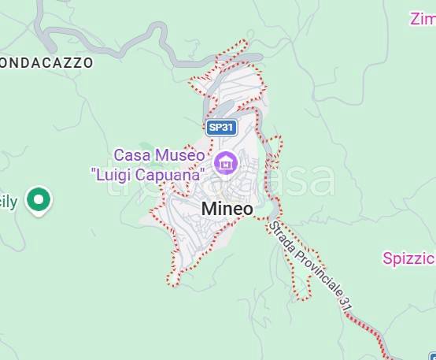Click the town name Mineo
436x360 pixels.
coord(227,209)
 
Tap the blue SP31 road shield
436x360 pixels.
coord(222,127)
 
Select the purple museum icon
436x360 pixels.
coord(227,164)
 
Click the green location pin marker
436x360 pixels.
coord(38,200)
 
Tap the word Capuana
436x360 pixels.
coord(174,173)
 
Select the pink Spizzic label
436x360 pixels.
coord(409,258)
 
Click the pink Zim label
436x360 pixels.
coord(423,17)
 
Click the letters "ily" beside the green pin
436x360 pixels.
coord(8,202)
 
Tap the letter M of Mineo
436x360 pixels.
coord(209,209)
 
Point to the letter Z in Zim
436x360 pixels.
coord(415,17)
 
